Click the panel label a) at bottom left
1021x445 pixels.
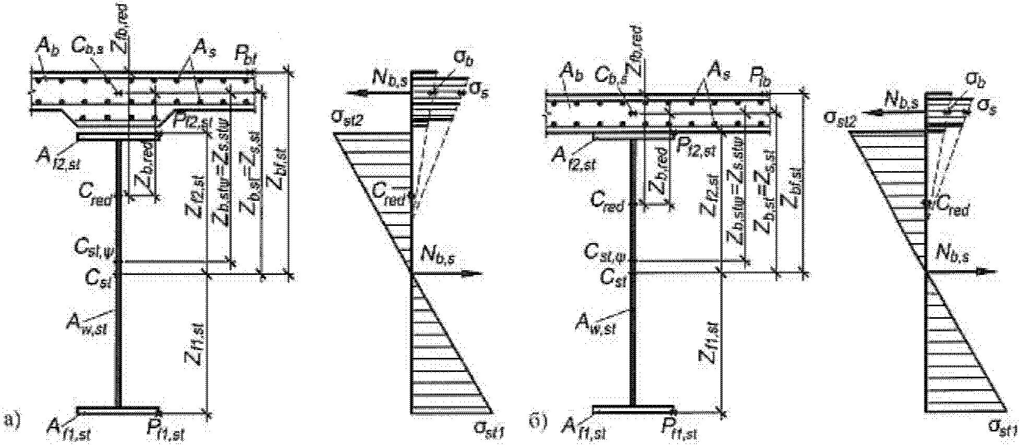[x=11, y=419]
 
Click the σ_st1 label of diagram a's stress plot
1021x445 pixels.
[x=489, y=430]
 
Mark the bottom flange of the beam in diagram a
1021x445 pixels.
[x=119, y=411]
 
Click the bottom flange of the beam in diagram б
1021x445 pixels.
[x=633, y=408]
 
